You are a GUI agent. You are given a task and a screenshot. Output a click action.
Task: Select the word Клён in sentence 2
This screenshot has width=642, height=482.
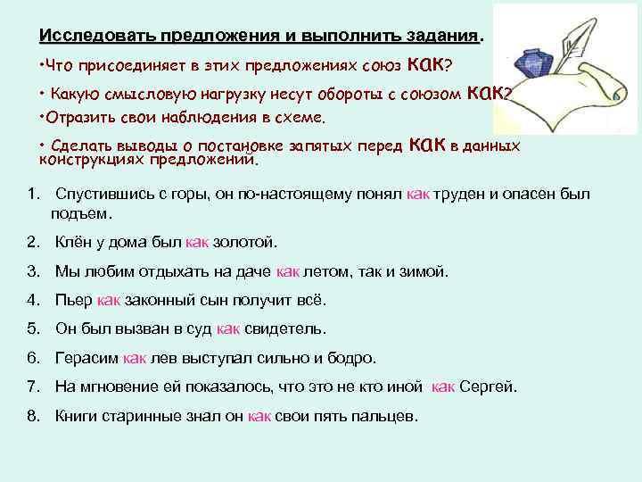[x=73, y=242]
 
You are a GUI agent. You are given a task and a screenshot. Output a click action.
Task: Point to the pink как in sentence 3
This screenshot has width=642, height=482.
[x=288, y=271]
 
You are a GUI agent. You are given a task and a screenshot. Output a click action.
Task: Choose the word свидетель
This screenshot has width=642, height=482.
[x=285, y=328]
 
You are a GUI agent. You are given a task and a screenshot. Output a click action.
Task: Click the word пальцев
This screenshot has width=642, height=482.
[x=386, y=416]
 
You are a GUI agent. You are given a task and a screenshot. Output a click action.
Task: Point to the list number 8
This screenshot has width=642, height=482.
[x=33, y=416]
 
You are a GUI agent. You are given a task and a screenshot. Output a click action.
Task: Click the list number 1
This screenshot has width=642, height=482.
[x=32, y=195]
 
